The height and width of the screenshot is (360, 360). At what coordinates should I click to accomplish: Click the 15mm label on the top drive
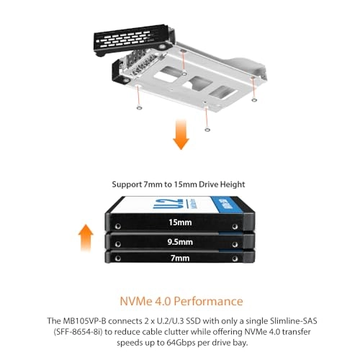click(x=180, y=222)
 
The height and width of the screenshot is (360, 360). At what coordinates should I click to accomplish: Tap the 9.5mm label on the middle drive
click(x=180, y=242)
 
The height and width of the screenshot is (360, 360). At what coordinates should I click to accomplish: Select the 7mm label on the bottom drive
click(x=180, y=258)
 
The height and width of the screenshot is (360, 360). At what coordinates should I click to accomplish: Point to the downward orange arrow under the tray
click(x=181, y=135)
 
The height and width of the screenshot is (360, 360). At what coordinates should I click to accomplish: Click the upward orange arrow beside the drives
click(x=86, y=238)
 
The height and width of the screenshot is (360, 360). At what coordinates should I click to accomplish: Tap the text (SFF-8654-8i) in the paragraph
click(x=78, y=332)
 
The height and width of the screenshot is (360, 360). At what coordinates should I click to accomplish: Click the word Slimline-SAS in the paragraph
click(x=294, y=321)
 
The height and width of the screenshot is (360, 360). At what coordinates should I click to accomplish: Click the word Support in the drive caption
click(x=127, y=184)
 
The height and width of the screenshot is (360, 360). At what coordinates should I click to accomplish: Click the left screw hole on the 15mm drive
click(x=118, y=226)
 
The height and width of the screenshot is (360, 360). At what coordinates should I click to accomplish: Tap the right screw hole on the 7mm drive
click(x=235, y=258)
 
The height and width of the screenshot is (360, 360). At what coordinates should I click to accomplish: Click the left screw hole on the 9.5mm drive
click(x=118, y=244)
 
